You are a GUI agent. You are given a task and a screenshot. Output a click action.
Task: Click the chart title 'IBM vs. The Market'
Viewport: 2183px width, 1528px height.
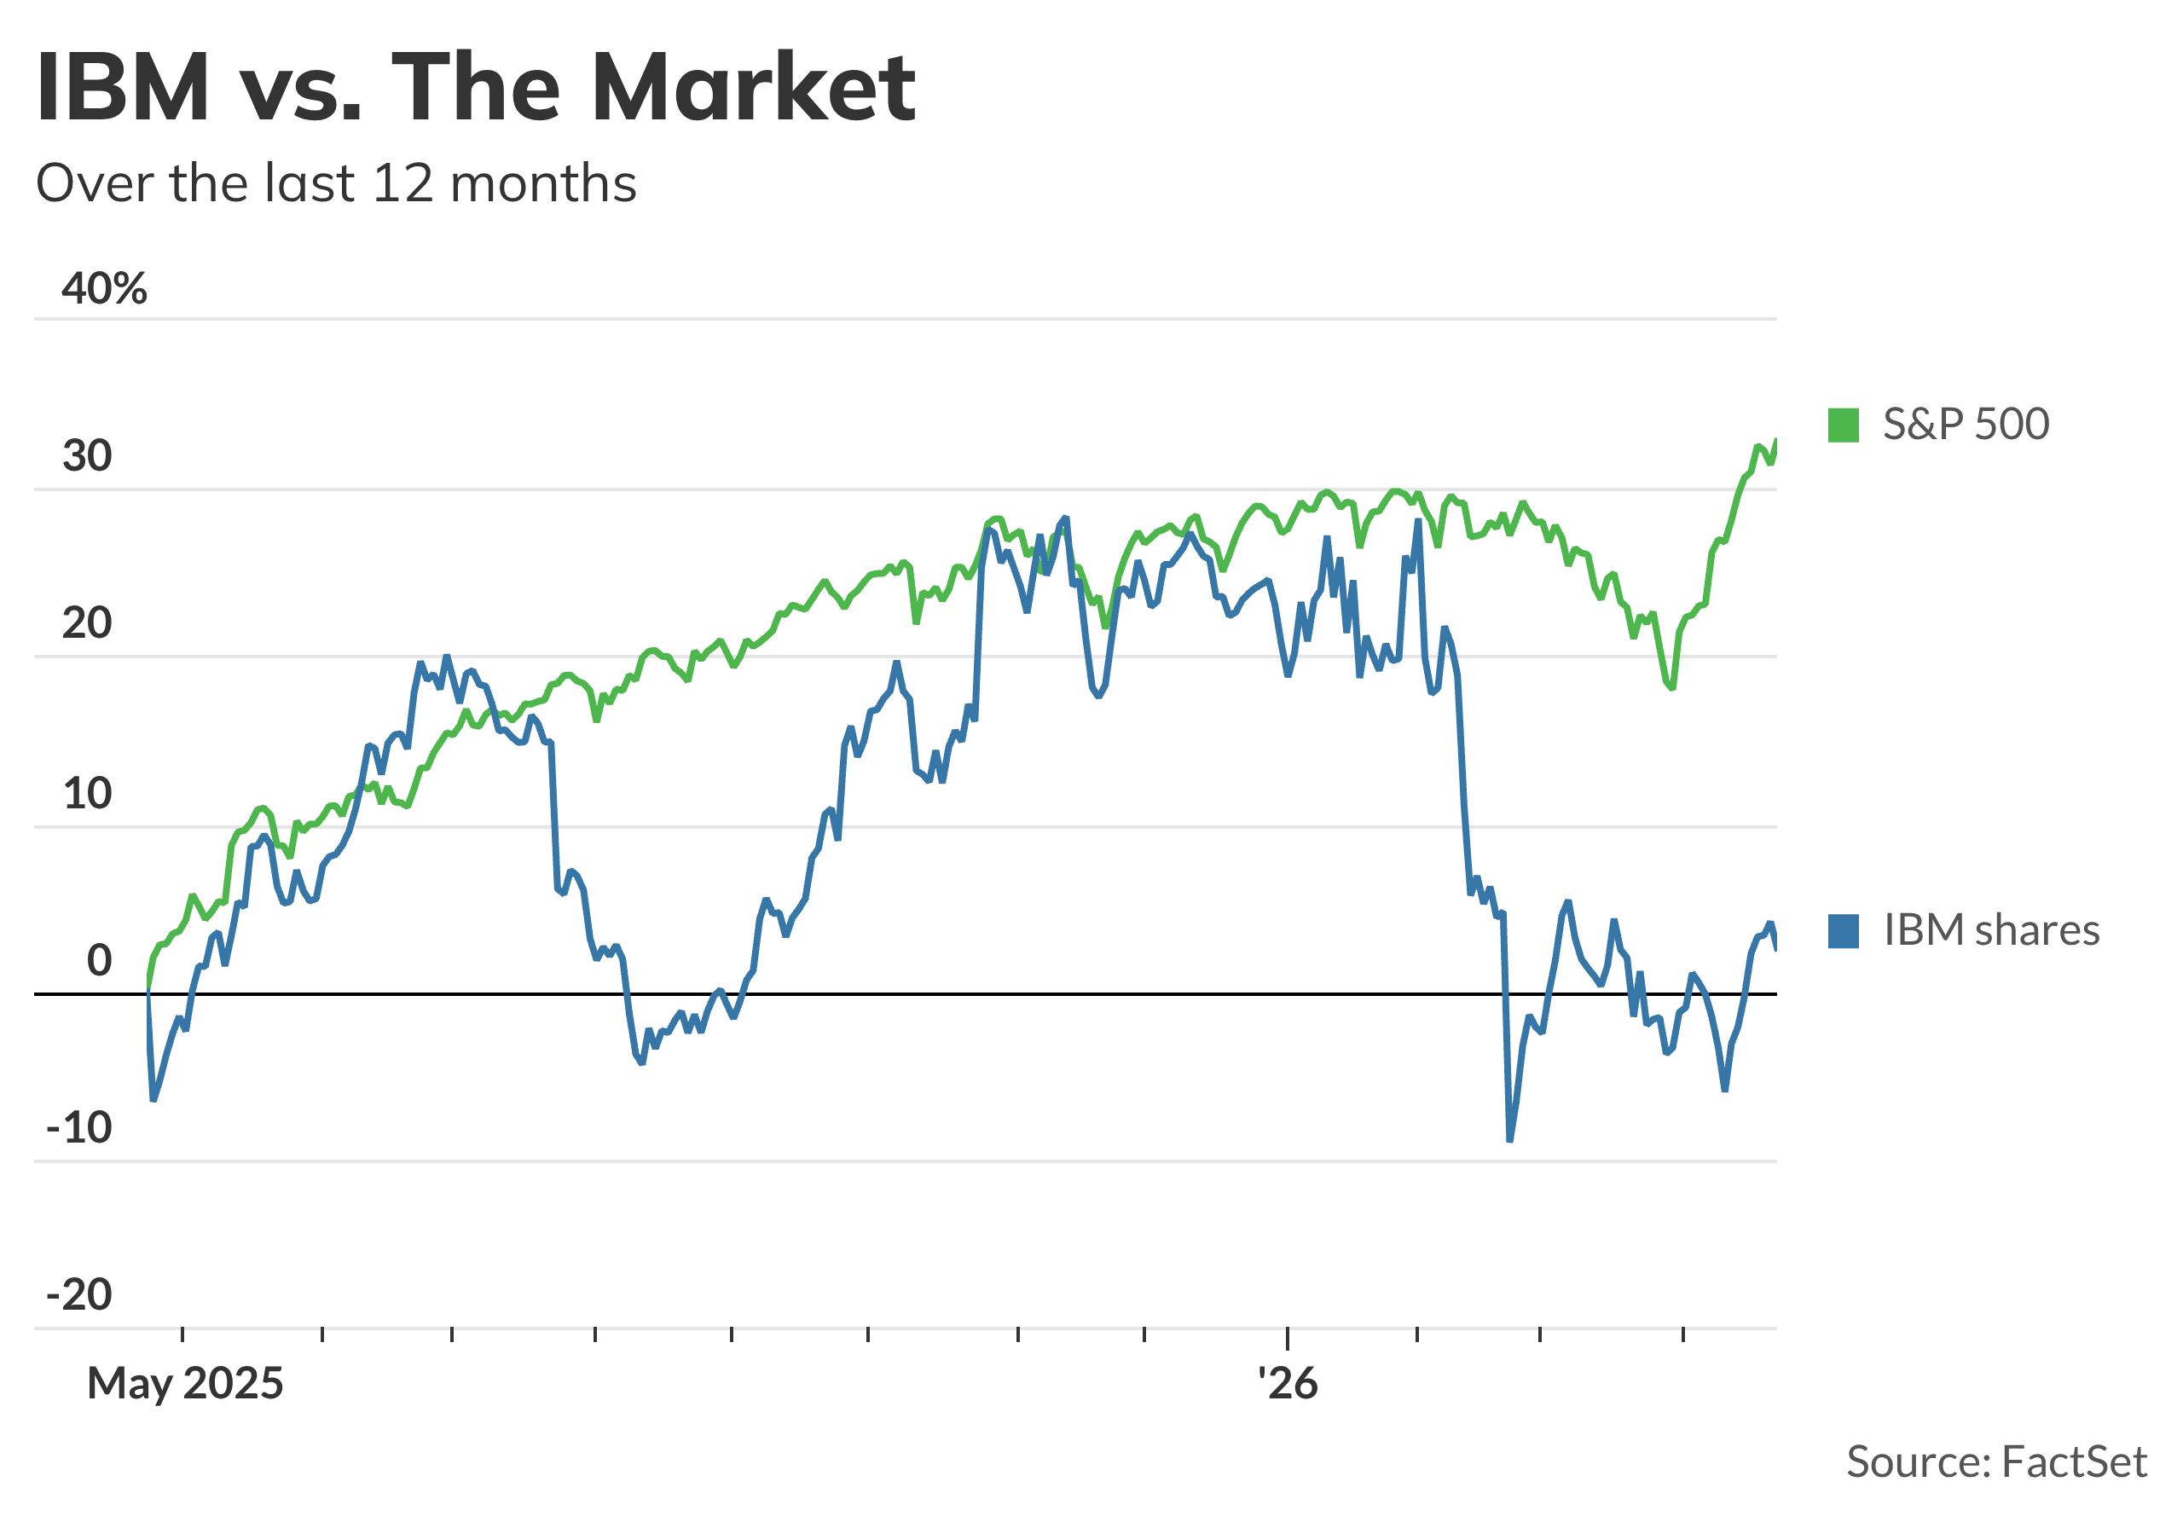pyautogui.click(x=475, y=88)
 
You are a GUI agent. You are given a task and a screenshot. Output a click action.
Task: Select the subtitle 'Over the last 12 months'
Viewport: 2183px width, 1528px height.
pyautogui.click(x=336, y=183)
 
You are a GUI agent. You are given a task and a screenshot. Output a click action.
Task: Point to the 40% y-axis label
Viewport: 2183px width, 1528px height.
pyautogui.click(x=104, y=288)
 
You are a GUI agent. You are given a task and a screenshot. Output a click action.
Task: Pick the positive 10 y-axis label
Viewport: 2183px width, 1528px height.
pyautogui.click(x=88, y=793)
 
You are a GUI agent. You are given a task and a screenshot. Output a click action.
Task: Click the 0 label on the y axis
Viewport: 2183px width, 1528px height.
pyautogui.click(x=99, y=961)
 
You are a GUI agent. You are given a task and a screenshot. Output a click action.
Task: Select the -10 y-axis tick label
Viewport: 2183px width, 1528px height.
pyautogui.click(x=79, y=1129)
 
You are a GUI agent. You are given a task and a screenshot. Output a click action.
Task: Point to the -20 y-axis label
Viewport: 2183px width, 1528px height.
pyautogui.click(x=79, y=1295)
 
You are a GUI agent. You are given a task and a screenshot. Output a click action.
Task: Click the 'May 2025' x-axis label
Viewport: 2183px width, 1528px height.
pyautogui.click(x=185, y=1384)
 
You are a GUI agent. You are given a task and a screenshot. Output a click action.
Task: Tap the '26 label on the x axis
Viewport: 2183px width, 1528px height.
pyautogui.click(x=1288, y=1384)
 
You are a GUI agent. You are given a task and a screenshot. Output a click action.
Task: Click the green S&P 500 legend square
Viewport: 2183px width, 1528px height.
pyautogui.click(x=1844, y=425)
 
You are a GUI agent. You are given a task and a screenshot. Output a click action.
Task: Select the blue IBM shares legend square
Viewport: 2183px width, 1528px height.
pyautogui.click(x=1844, y=931)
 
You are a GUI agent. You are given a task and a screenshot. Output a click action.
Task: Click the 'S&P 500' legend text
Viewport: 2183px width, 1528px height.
pyautogui.click(x=1966, y=424)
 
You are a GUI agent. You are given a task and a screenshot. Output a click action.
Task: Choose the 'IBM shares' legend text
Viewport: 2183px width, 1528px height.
pyautogui.click(x=1992, y=931)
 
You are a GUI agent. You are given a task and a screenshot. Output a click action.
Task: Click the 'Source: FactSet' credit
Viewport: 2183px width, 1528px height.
pyautogui.click(x=1996, y=1461)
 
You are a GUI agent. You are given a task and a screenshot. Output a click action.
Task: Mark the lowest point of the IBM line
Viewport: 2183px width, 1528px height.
pyautogui.click(x=1510, y=1140)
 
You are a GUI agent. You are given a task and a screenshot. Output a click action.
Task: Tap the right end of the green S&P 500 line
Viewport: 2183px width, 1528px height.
pyautogui.click(x=1776, y=441)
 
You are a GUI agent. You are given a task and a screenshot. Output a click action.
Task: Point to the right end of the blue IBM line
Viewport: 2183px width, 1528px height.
pyautogui.click(x=1776, y=948)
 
